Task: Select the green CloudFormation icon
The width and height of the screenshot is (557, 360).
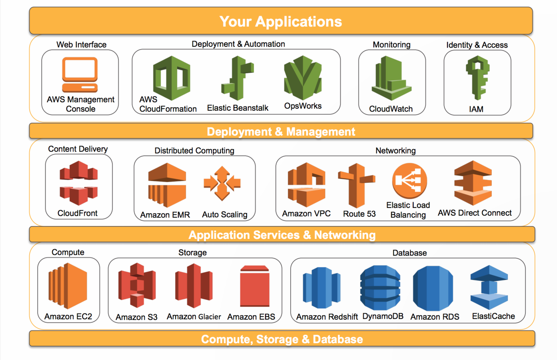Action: point(172,78)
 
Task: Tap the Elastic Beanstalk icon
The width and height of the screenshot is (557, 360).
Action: point(238,78)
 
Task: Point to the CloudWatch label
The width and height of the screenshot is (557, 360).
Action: point(391,109)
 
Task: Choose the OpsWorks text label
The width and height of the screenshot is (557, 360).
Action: point(303,106)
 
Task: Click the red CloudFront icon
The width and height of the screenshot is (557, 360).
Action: point(79,183)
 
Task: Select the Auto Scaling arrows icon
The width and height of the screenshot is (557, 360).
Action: point(222,183)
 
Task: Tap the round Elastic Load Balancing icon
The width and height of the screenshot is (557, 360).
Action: point(409,181)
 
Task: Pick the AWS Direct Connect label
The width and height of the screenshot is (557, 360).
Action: point(475,213)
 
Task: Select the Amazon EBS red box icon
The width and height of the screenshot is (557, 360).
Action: point(255,286)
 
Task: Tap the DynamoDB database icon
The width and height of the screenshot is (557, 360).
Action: point(380,287)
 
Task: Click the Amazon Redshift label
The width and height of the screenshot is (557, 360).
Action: point(327,317)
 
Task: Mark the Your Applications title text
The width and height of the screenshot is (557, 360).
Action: point(281,21)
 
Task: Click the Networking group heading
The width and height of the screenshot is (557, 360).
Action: point(395,150)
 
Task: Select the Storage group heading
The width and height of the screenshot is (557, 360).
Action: point(192,252)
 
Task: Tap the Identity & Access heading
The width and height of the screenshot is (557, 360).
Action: point(477,45)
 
